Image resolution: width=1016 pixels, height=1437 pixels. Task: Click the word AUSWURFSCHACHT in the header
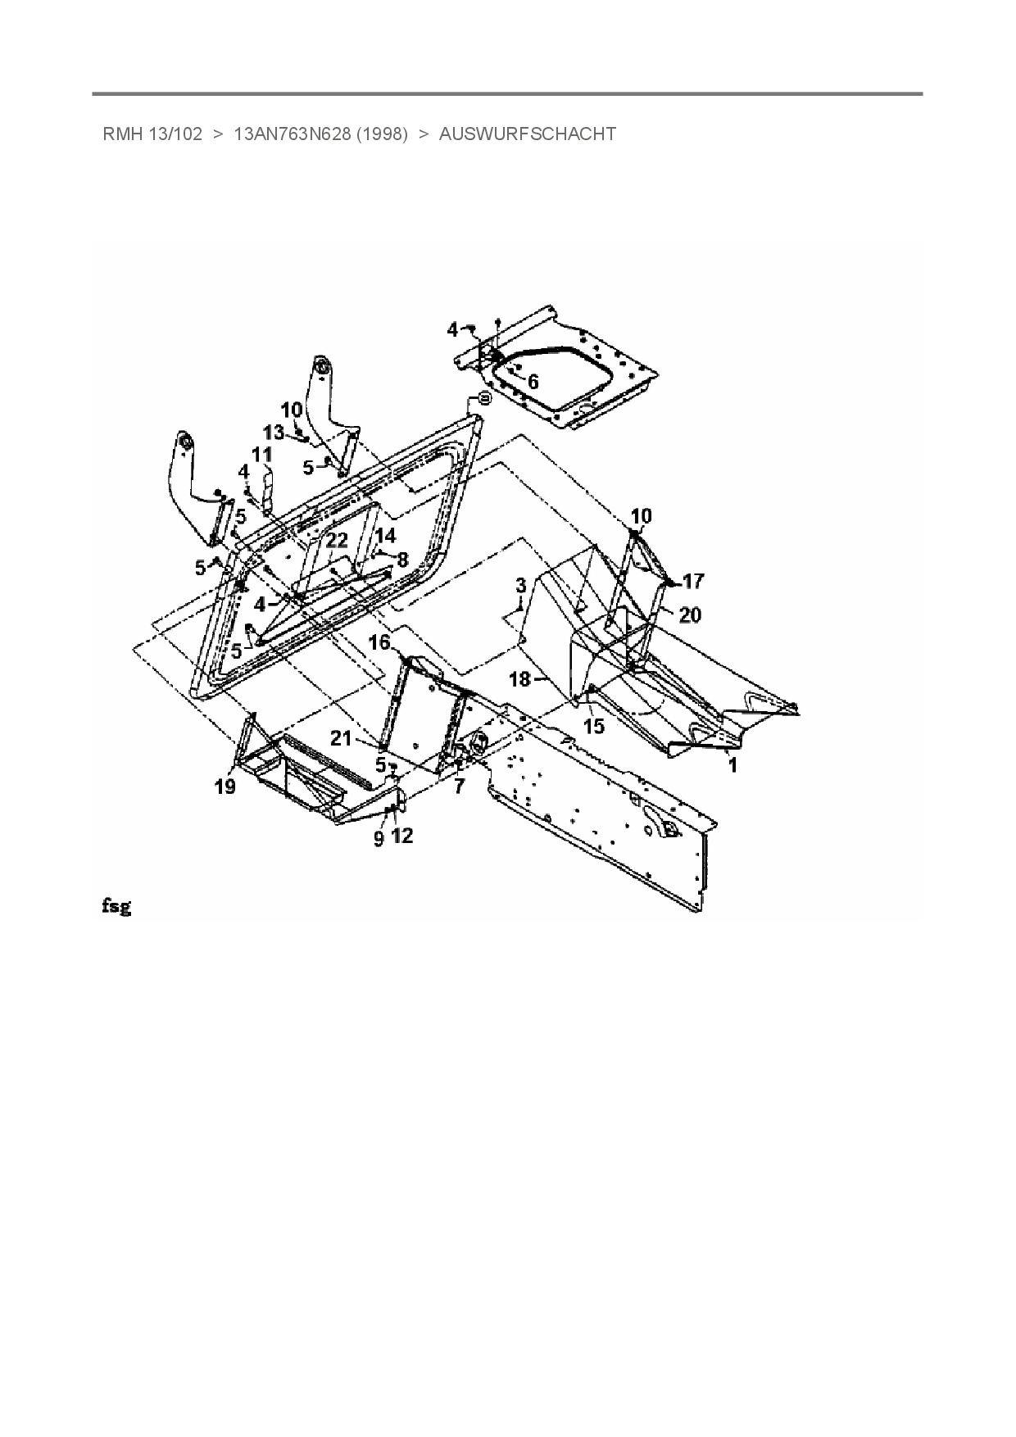coord(528,134)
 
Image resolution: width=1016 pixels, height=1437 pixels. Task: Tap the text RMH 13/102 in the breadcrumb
coord(152,134)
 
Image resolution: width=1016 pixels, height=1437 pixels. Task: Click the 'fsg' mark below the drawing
coord(116,906)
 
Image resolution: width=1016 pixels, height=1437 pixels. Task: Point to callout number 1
coord(733,765)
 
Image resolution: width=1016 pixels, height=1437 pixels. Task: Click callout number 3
coord(520,586)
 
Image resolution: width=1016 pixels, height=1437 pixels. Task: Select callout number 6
coord(533,382)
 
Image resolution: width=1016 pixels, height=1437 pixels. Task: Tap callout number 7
coord(459,786)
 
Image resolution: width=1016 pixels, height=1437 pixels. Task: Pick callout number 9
coord(379,839)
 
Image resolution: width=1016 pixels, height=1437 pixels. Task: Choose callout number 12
coord(402,836)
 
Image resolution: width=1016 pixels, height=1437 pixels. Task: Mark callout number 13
coord(274,432)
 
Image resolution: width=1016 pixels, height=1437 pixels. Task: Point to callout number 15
coord(594,726)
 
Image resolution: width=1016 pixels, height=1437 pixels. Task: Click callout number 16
coord(379,642)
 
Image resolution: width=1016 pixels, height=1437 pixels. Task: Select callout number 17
coord(693,581)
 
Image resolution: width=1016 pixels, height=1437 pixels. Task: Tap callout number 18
coord(520,680)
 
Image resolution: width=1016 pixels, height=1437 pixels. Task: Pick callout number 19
coord(225,787)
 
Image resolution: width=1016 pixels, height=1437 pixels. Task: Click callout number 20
coord(690,614)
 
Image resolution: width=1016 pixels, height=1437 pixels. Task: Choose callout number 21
coord(341,738)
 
